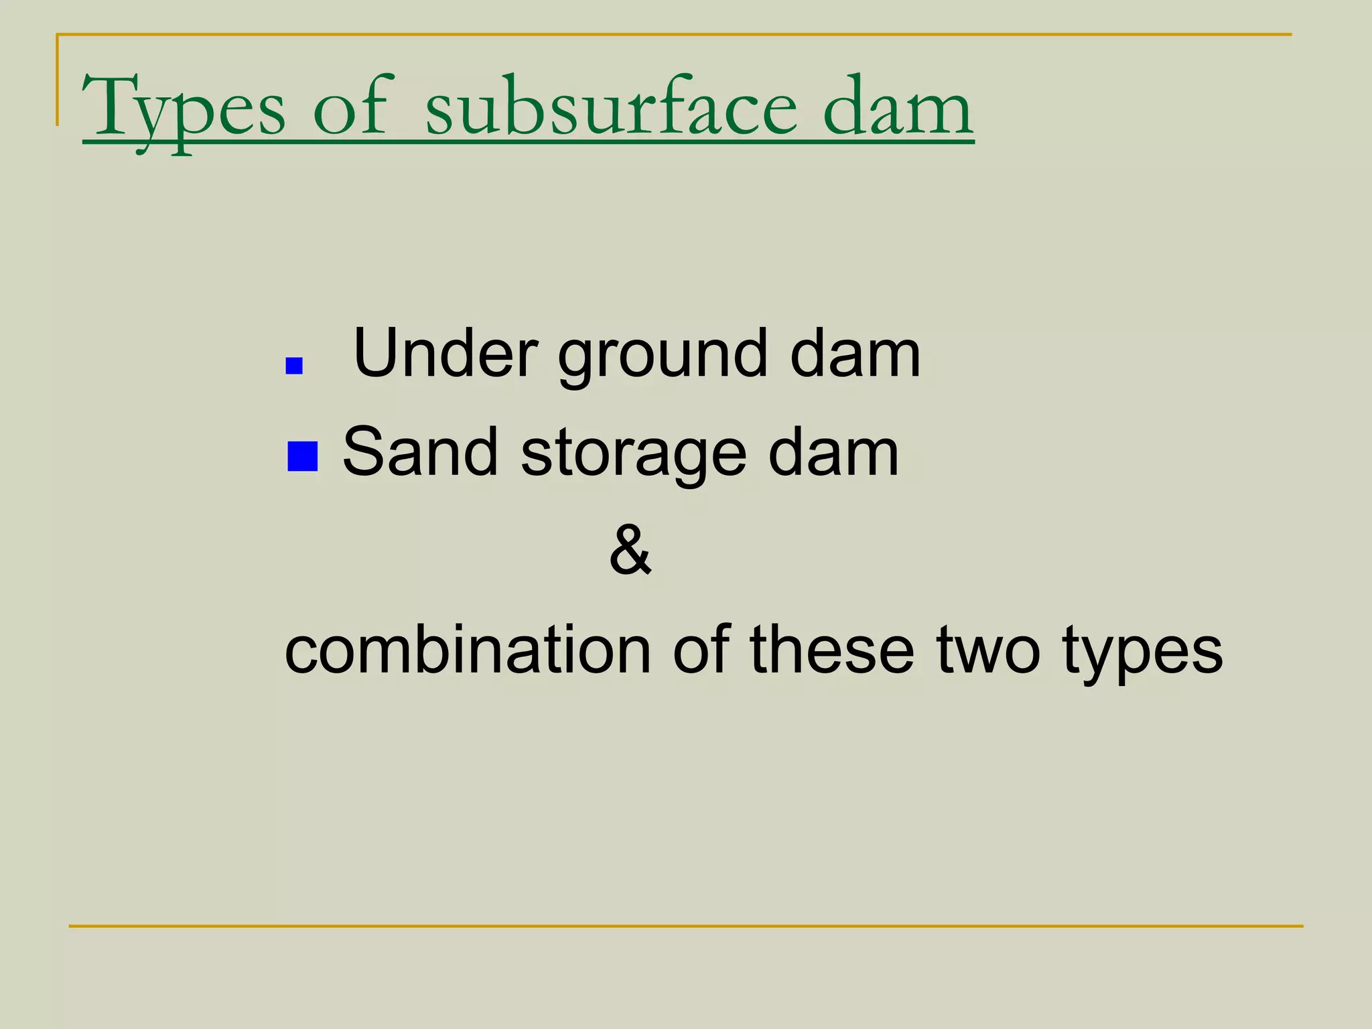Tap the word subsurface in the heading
[612, 107]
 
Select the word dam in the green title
[898, 107]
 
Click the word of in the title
[350, 107]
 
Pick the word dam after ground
[855, 354]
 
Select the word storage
[633, 456]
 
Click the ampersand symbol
[630, 551]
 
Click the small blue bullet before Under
[294, 366]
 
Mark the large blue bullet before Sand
[302, 456]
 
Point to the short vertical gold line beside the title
[57, 80]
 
